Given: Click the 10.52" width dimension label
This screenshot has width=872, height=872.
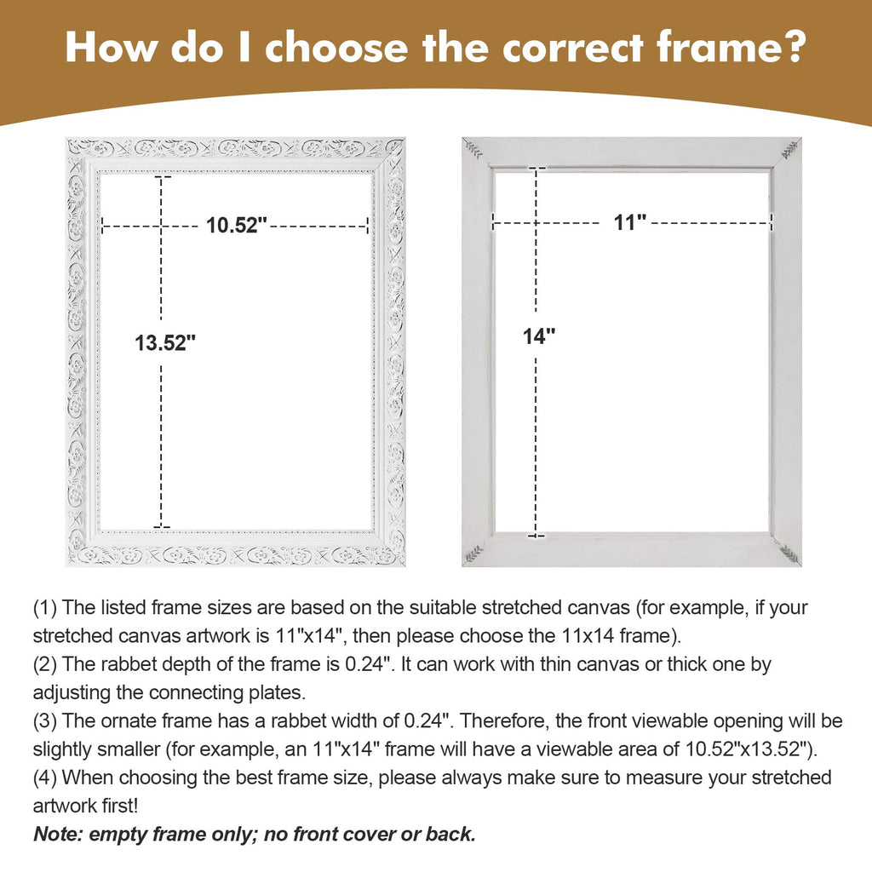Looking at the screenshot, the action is point(237,225).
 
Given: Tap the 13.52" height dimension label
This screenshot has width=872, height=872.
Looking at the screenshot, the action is point(166,342).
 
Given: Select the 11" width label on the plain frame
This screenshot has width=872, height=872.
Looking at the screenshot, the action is point(630,222).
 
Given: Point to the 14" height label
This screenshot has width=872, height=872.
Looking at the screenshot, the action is point(539,336).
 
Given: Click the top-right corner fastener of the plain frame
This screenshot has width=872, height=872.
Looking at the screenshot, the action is point(789,149).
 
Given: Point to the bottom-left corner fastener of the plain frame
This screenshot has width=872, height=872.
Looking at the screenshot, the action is point(473,554).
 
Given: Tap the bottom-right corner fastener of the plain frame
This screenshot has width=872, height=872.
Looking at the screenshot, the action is point(789,554).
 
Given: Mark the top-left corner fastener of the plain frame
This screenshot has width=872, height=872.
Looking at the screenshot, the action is point(473,149).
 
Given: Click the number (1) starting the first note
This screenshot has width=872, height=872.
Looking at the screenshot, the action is point(45,608).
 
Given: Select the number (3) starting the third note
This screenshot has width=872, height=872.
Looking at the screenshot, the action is point(45,721).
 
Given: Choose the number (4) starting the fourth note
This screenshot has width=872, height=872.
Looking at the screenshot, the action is point(45,778).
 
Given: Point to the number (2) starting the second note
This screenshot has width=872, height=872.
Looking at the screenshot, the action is point(45,664).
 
